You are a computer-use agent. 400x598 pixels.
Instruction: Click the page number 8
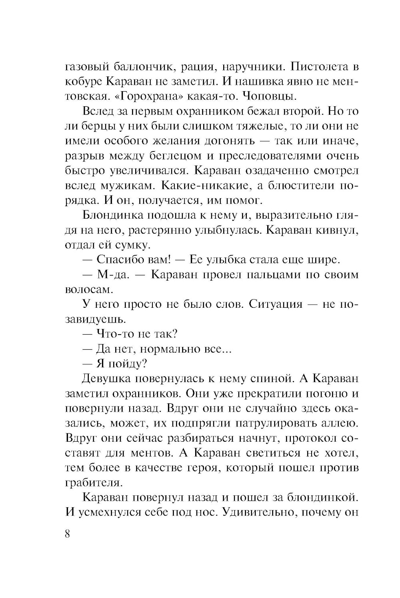tap(67, 534)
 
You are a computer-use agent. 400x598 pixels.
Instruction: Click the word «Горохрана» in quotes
tap(145, 96)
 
